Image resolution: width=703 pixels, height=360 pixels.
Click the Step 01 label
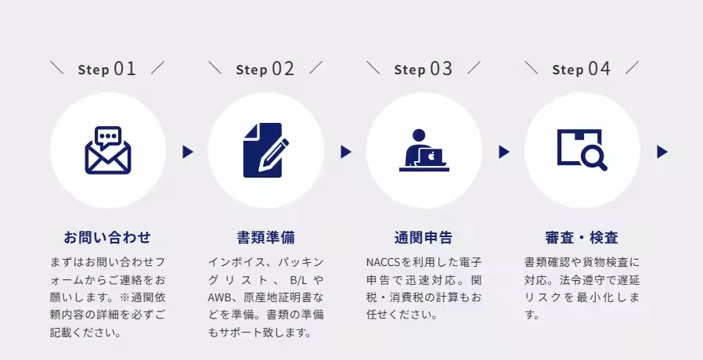point(107,69)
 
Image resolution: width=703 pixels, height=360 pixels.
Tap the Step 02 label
point(265,69)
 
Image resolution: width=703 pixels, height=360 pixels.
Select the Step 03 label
point(424,69)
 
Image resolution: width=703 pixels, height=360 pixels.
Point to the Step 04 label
point(582,69)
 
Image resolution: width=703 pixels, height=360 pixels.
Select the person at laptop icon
point(424,150)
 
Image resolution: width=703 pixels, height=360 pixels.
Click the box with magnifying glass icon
point(582,150)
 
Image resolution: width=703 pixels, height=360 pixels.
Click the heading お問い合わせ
point(107,237)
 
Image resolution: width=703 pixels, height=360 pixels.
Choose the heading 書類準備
point(265,237)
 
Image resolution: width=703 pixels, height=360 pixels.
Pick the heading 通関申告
point(424,237)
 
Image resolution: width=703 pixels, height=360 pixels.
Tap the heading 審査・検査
point(582,237)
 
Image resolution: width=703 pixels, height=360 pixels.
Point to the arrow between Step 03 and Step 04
point(504,152)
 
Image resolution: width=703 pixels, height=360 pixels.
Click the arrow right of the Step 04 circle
point(662,152)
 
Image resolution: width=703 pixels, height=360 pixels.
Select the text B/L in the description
point(300,279)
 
